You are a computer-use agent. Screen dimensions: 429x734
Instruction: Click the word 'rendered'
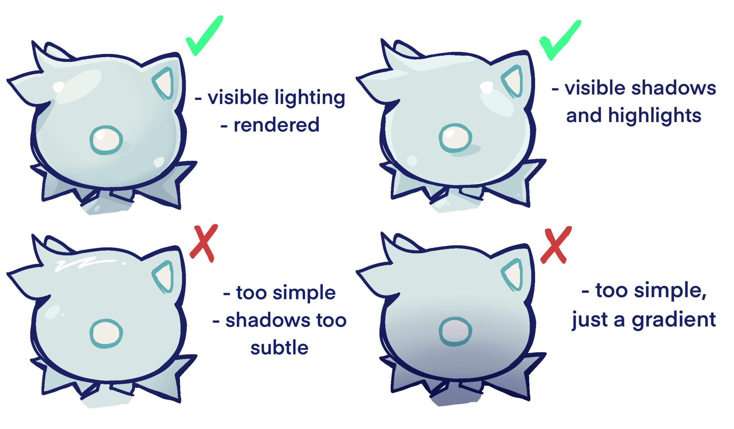click(x=276, y=125)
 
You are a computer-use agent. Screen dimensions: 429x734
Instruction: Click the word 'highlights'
click(x=654, y=116)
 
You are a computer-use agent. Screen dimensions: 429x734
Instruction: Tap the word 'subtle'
click(x=279, y=348)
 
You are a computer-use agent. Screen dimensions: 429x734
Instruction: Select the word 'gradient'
click(x=673, y=319)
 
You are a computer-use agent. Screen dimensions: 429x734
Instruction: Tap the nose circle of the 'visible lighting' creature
click(x=106, y=140)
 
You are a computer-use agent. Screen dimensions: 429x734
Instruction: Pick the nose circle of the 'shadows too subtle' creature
click(x=106, y=334)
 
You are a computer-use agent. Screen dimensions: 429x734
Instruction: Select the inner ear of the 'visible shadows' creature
click(x=514, y=81)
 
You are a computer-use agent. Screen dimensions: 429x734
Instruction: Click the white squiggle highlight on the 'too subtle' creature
click(x=84, y=263)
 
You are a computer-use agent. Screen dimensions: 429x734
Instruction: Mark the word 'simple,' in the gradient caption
click(x=670, y=291)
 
